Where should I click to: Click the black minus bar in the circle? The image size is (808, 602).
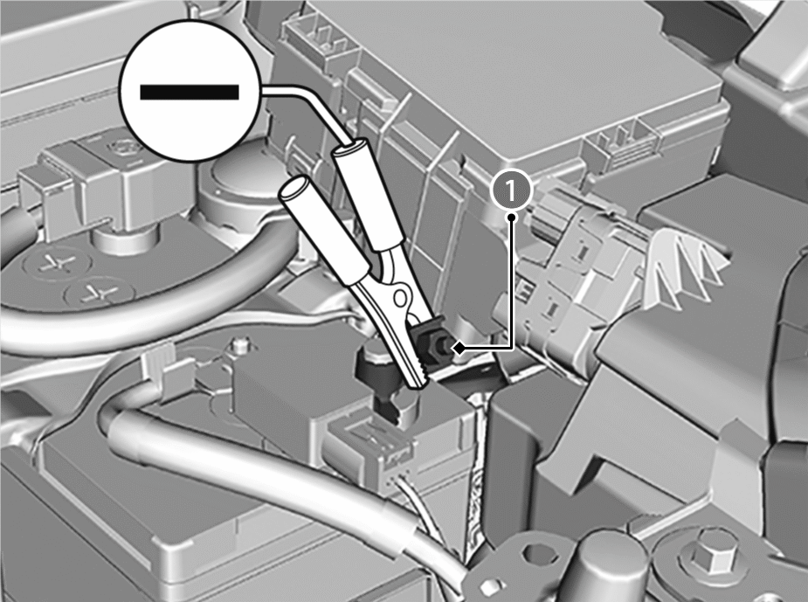(190, 92)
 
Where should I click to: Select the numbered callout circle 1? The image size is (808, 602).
(511, 190)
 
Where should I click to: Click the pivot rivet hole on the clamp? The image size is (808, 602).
(400, 297)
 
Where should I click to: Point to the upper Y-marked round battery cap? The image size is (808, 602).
(57, 264)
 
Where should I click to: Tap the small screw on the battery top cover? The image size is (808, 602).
(238, 343)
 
